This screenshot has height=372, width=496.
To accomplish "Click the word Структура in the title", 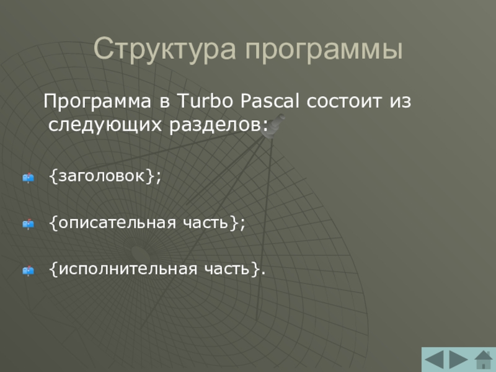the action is point(165,49).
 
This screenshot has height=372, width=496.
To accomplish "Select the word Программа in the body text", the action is point(97,102).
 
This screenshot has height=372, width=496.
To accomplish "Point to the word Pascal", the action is point(270,100).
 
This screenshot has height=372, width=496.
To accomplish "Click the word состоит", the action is point(344,101).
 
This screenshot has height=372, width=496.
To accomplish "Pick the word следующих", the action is point(105,125).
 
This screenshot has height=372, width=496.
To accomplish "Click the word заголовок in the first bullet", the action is point(102,176).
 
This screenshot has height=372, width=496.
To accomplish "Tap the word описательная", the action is point(117,223).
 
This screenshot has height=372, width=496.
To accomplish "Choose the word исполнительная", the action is point(128,270).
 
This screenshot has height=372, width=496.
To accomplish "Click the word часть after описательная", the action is point(206,223).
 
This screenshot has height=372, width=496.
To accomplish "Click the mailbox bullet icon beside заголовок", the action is point(28,178).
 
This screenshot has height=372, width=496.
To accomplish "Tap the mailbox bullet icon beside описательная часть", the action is point(28,224).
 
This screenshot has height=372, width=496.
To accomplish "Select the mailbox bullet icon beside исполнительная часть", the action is point(28,271).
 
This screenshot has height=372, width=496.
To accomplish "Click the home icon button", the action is point(484,360).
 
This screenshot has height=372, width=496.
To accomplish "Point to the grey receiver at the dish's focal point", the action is point(272,126).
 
